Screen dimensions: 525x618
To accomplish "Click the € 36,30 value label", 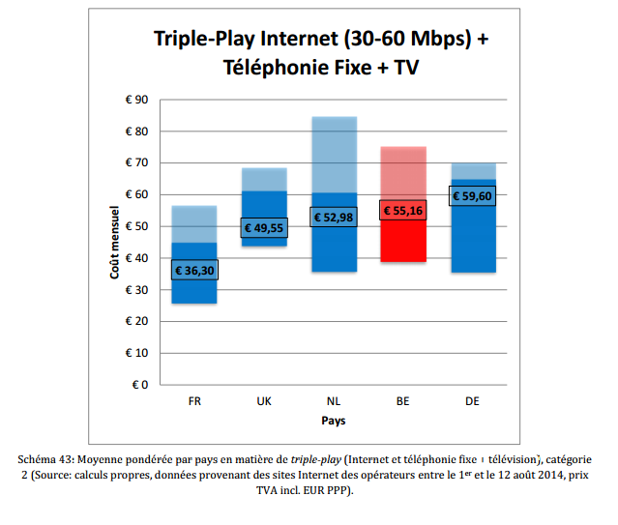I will [194, 271].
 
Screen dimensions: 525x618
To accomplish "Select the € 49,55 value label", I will [263, 228].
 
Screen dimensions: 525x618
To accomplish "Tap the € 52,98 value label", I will [333, 218].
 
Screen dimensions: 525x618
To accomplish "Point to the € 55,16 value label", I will [402, 209].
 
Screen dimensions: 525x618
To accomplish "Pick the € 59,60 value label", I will [472, 195].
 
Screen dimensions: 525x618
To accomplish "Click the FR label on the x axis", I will [194, 400].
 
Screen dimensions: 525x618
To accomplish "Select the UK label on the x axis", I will [263, 400].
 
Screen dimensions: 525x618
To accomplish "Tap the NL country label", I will [333, 400].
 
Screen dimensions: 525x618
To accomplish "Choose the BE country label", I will [402, 400].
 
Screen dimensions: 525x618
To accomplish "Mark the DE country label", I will [472, 400].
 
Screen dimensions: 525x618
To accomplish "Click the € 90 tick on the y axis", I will [135, 100].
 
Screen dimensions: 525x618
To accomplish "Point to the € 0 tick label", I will [138, 385].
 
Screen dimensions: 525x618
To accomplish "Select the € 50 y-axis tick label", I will [135, 226].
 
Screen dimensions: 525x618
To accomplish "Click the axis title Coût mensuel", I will [114, 242].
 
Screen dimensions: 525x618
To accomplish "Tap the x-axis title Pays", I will [334, 421].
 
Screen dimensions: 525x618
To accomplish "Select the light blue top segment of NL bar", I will [333, 155].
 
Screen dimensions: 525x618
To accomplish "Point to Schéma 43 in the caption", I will [50, 458].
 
